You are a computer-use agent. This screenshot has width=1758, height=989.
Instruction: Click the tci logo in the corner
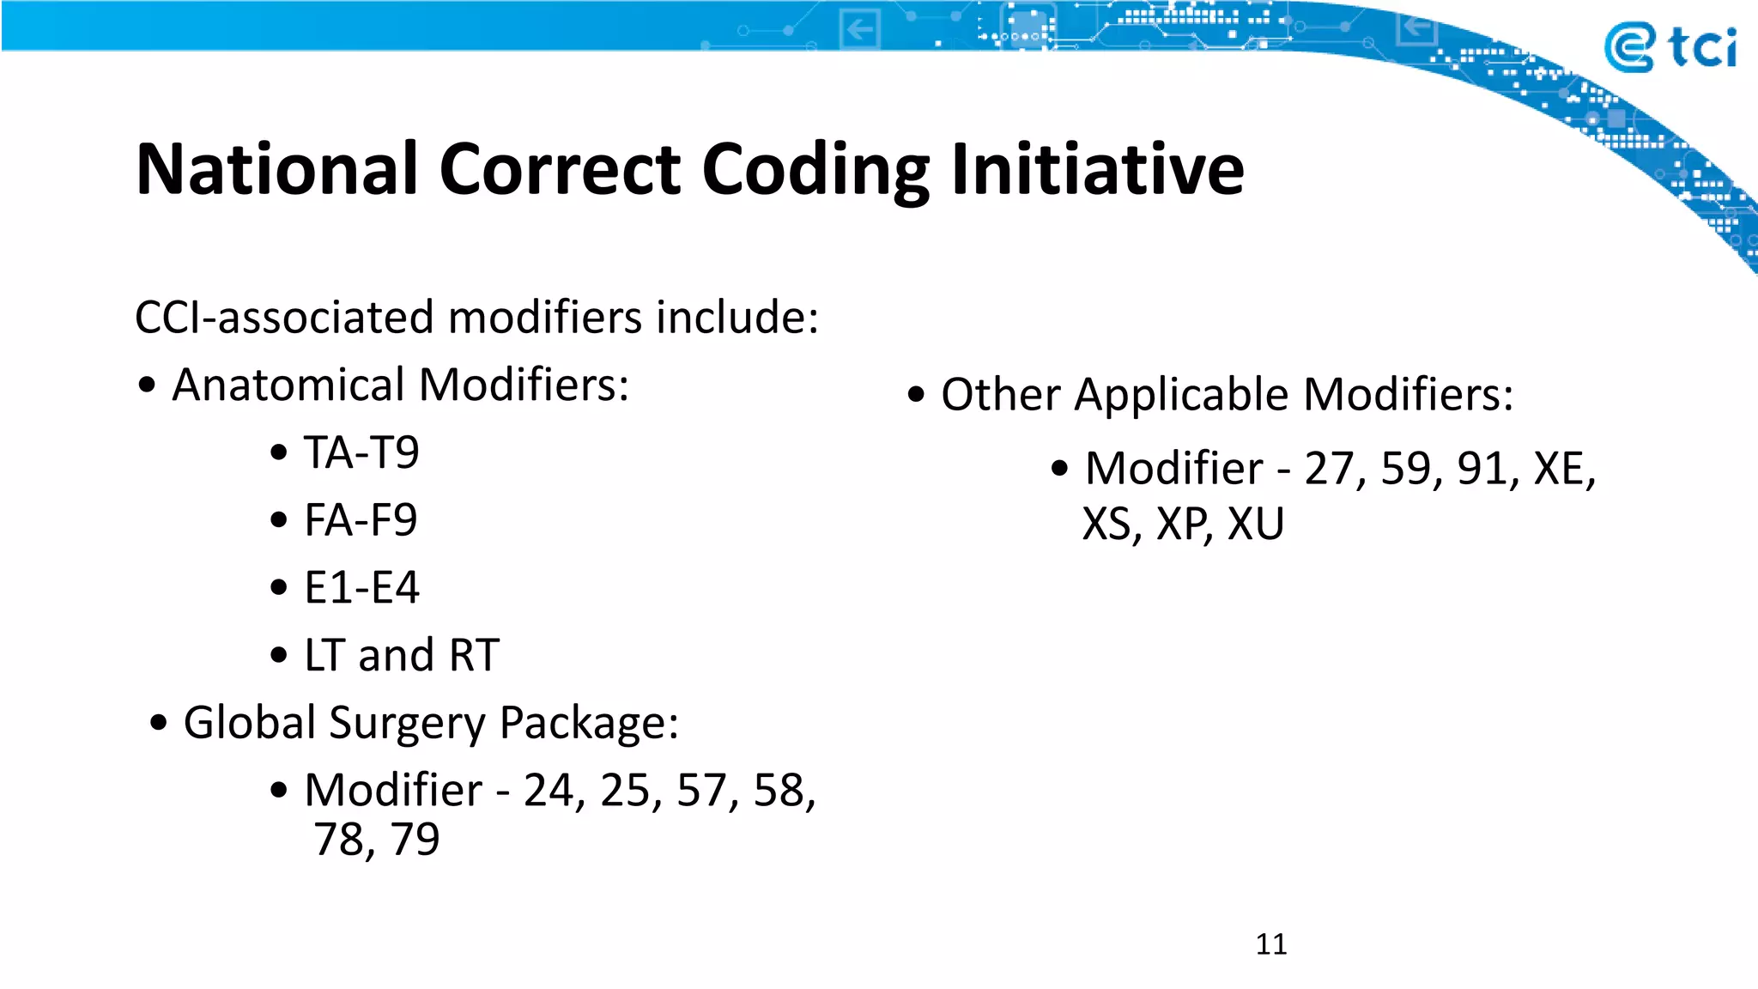[x=1669, y=47]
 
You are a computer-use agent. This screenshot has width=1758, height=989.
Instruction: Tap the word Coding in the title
[x=815, y=171]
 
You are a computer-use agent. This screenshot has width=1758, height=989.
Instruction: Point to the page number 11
[x=1270, y=944]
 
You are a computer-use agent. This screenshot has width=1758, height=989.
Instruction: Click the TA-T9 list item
[x=361, y=452]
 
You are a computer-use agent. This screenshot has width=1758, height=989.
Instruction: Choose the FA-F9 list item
[x=361, y=520]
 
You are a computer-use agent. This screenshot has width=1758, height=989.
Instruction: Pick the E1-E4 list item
[x=361, y=588]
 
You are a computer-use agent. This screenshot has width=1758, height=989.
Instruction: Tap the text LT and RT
[x=402, y=656]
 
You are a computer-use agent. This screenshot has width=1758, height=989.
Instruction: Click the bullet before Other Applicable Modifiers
[x=916, y=395]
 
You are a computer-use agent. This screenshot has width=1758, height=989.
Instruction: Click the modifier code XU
[x=1255, y=525]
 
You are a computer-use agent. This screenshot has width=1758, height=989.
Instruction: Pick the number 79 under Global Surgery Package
[x=415, y=840]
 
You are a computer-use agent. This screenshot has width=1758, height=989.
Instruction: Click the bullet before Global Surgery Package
[x=158, y=723]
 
